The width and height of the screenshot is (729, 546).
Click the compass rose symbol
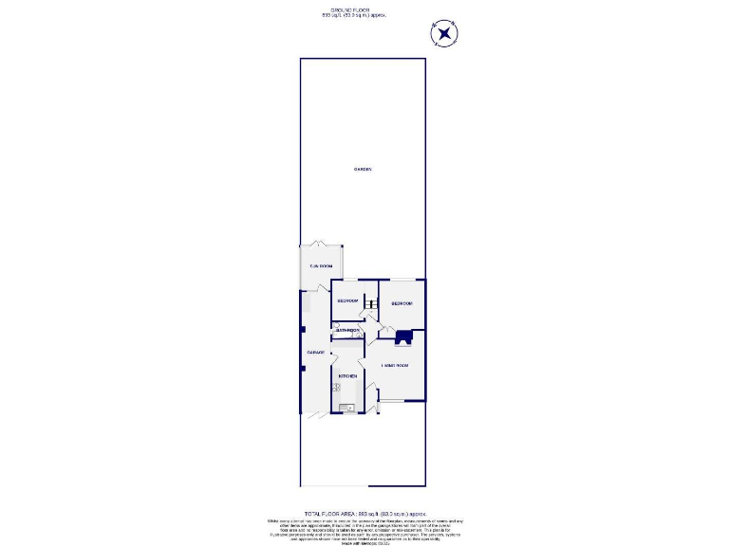click(444, 35)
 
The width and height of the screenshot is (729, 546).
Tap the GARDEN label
click(363, 170)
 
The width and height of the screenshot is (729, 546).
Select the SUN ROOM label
click(321, 267)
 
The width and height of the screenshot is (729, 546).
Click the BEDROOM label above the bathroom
click(346, 300)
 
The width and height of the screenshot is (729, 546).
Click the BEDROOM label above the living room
click(402, 303)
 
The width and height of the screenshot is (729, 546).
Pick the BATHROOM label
click(347, 330)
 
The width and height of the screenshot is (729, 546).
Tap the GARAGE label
click(315, 353)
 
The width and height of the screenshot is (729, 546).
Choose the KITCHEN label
click(347, 376)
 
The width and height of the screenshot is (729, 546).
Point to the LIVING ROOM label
click(395, 365)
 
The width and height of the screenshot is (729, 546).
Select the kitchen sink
click(348, 408)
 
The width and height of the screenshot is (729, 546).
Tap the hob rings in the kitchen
click(335, 387)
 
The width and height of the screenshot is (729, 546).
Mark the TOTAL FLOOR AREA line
click(365, 513)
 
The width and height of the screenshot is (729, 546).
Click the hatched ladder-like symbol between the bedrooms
click(369, 303)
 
